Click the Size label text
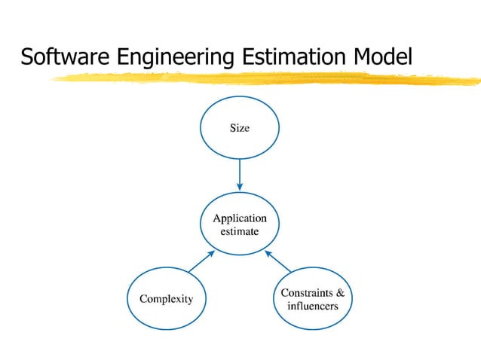pyautogui.click(x=240, y=129)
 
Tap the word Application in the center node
pyautogui.click(x=240, y=218)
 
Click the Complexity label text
pyautogui.click(x=166, y=299)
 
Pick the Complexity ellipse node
pyautogui.click(x=166, y=316)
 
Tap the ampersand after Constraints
pyautogui.click(x=341, y=292)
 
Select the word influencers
pyautogui.click(x=313, y=307)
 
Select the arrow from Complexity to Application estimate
pyautogui.click(x=201, y=261)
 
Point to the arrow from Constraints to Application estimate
pyautogui.click(x=278, y=261)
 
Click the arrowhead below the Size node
pyautogui.click(x=240, y=188)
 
